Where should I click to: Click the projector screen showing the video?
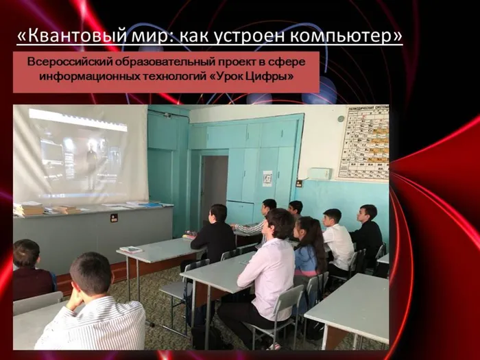pyautogui.click(x=80, y=154)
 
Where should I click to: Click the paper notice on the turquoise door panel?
pyautogui.click(x=267, y=178)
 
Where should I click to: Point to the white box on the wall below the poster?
pyautogui.click(x=320, y=174)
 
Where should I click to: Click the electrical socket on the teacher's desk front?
pyautogui.click(x=114, y=217)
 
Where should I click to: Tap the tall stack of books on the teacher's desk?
pyautogui.click(x=28, y=208)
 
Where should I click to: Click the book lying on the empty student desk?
pyautogui.click(x=130, y=249)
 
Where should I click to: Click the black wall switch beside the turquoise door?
pyautogui.click(x=299, y=183)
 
